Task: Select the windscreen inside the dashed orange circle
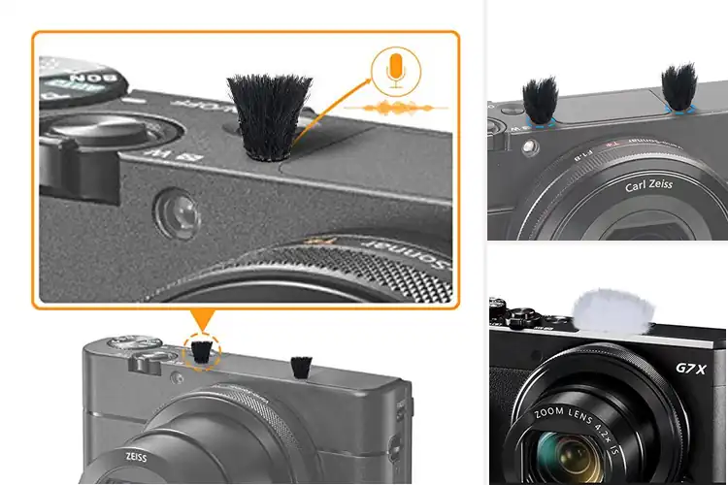point(201,353)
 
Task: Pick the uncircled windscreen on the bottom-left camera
point(300,367)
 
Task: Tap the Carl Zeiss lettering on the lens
point(648,184)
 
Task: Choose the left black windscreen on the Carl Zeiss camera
point(540,100)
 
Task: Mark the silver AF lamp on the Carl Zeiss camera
point(530,147)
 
